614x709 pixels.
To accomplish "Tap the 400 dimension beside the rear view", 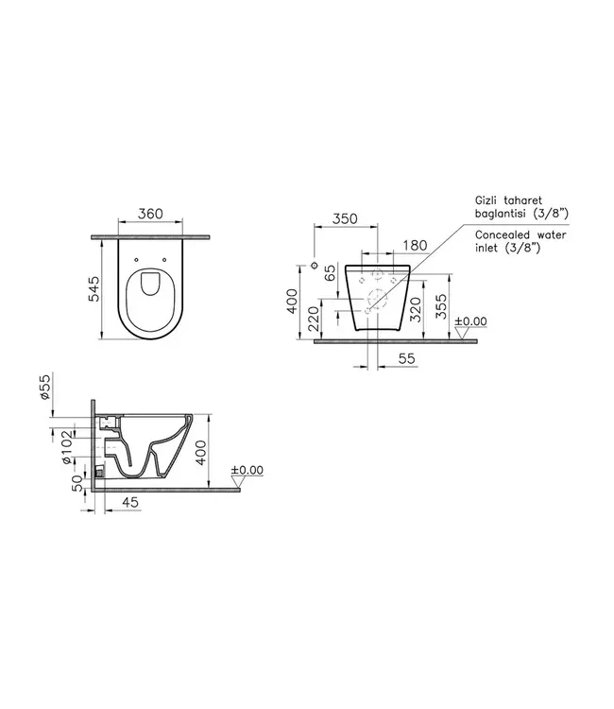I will [x=293, y=300].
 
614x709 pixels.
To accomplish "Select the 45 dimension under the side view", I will [x=129, y=503].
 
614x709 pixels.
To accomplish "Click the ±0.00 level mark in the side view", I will [x=247, y=470].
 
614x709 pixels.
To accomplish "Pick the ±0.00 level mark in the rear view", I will [x=469, y=321].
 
